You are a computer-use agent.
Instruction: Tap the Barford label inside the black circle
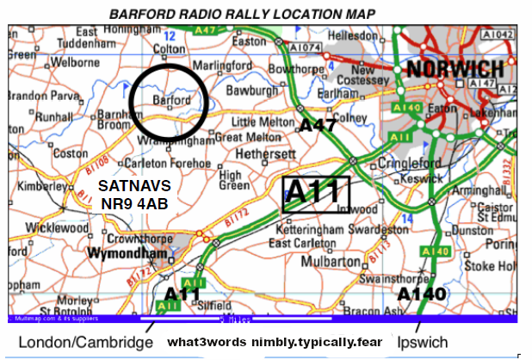[x=171, y=100]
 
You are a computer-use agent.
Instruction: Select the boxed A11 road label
[x=315, y=194]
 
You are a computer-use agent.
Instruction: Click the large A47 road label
[x=318, y=125]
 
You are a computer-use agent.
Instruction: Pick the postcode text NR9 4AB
[x=133, y=203]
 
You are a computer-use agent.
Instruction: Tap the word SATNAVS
[x=134, y=185]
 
